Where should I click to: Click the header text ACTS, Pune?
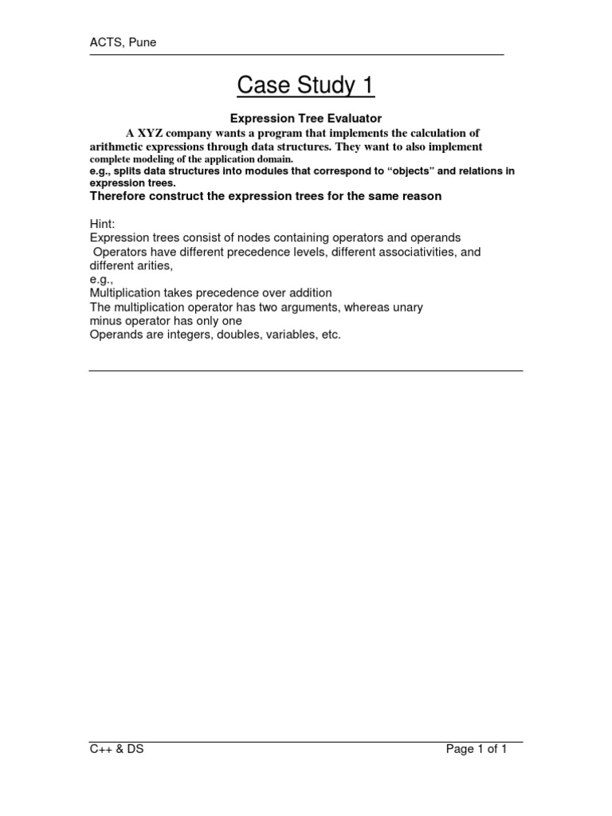pyautogui.click(x=123, y=42)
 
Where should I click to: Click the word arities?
pyautogui.click(x=157, y=265)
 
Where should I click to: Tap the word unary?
pyautogui.click(x=407, y=307)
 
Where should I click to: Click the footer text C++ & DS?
pyautogui.click(x=116, y=749)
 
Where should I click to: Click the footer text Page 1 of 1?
pyautogui.click(x=477, y=749)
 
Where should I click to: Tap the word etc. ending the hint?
pyautogui.click(x=329, y=335)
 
